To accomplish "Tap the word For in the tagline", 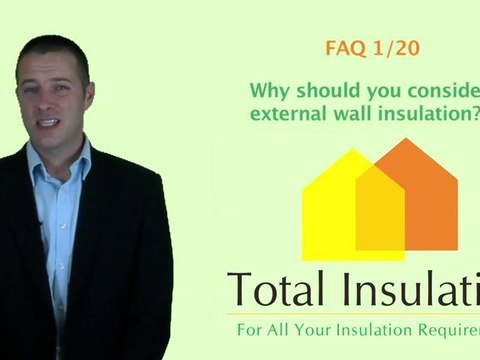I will point(247,328).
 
